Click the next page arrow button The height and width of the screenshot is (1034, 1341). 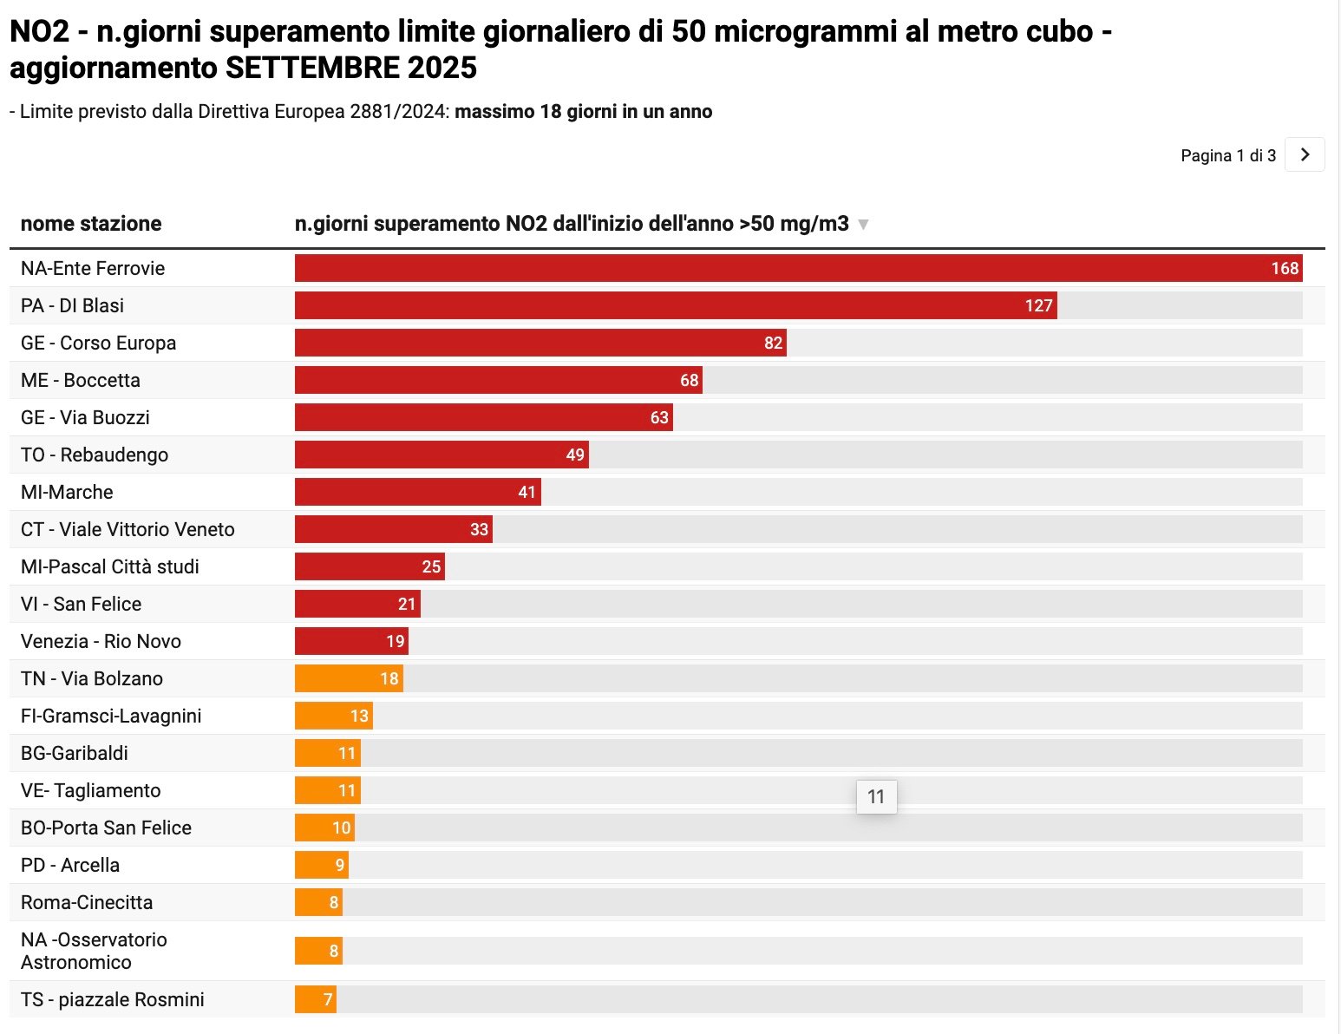click(x=1305, y=155)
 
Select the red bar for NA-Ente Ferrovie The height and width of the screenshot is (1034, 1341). click(x=798, y=269)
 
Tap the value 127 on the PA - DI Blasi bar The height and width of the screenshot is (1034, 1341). click(x=1038, y=306)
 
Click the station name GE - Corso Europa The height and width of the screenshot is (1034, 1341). click(x=98, y=344)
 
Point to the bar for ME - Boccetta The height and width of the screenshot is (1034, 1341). click(x=498, y=381)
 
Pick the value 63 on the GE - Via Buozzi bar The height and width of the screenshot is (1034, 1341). click(x=659, y=418)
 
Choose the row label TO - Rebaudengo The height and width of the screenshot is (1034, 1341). click(x=95, y=455)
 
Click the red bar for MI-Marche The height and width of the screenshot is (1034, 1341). click(x=417, y=493)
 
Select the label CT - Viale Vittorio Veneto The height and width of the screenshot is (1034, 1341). click(x=128, y=530)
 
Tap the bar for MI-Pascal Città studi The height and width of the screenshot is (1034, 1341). click(x=370, y=567)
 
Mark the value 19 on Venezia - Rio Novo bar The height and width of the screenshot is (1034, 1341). click(x=396, y=642)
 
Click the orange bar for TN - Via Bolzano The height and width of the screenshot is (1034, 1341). click(x=349, y=679)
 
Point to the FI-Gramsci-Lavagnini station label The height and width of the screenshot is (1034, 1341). click(x=111, y=717)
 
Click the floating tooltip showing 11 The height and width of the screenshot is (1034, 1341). click(x=876, y=796)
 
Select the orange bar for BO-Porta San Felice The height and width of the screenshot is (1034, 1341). click(x=324, y=828)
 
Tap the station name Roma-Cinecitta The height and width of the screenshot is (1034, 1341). click(x=87, y=903)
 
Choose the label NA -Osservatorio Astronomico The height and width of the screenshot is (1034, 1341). click(x=94, y=951)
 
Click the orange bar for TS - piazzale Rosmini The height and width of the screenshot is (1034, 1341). click(x=315, y=1000)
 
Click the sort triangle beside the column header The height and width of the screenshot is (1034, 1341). click(x=863, y=225)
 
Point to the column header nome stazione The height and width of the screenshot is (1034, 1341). click(x=91, y=224)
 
